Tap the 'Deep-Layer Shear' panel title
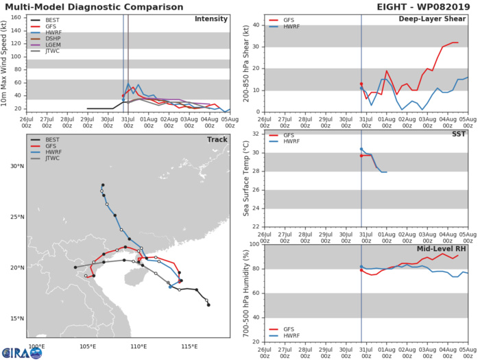(x=438, y=19)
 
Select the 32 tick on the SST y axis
(x=256, y=134)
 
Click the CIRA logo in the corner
(x=22, y=351)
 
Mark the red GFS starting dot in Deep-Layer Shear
(x=361, y=84)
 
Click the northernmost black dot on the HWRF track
(x=103, y=185)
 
